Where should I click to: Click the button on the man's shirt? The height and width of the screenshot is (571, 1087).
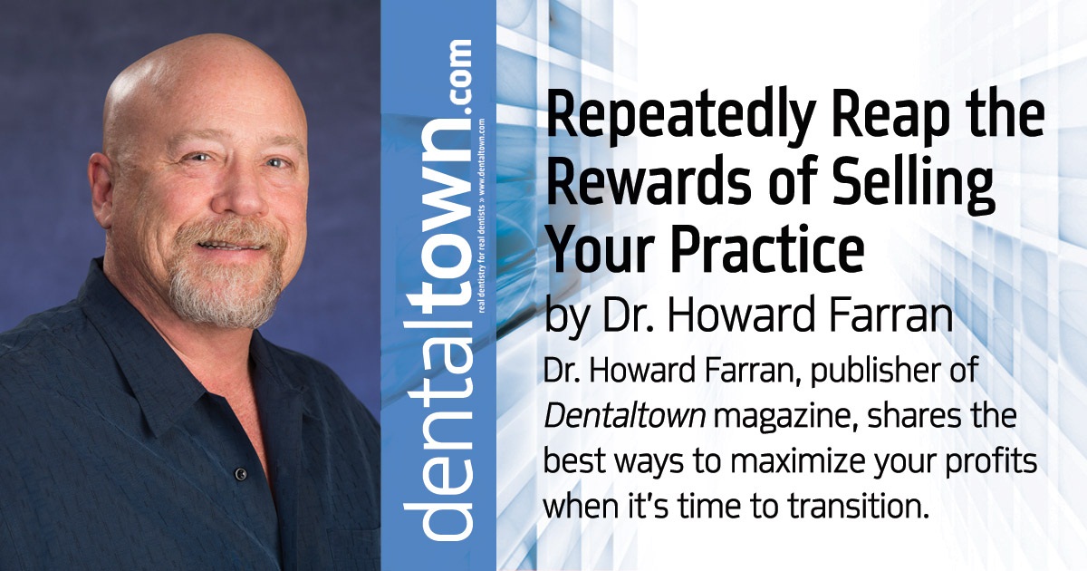pos(241,473)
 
